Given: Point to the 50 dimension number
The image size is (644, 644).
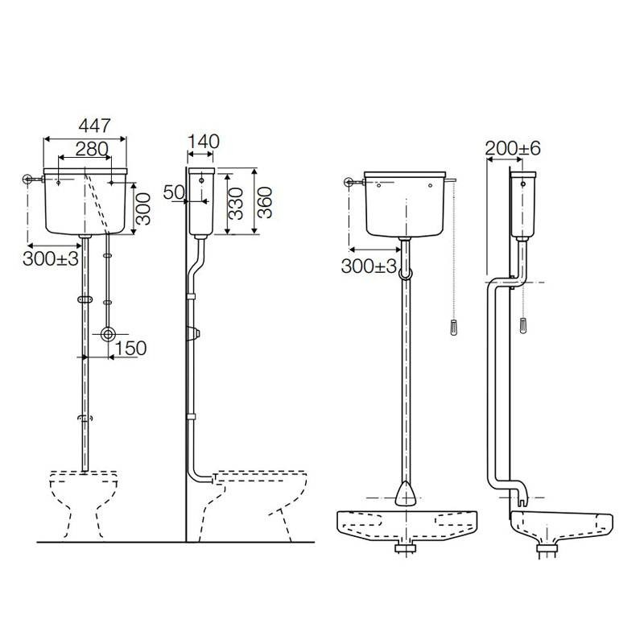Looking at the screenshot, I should tap(173, 192).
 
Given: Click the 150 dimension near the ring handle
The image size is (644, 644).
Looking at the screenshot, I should tap(130, 348).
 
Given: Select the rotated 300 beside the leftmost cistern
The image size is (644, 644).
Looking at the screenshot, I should tap(142, 208).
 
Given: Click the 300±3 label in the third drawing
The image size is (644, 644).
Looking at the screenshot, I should tap(369, 266).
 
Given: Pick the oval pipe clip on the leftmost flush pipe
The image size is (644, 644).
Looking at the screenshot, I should tap(84, 299).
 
